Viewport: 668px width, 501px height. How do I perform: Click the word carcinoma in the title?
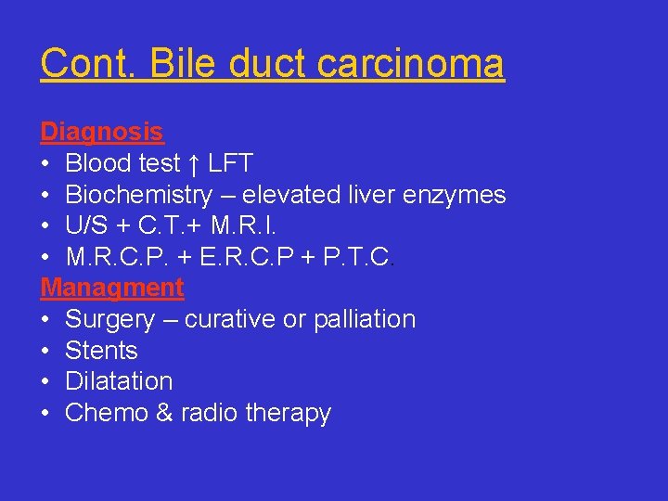click(411, 63)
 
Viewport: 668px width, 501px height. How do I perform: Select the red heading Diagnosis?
click(101, 133)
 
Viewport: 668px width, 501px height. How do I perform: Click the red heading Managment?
click(112, 288)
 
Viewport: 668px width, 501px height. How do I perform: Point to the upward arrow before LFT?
click(193, 164)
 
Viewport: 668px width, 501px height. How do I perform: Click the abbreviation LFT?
click(229, 164)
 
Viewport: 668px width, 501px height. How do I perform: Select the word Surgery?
click(109, 320)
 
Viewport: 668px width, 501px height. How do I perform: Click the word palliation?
click(364, 319)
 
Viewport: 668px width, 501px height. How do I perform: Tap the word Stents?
click(101, 351)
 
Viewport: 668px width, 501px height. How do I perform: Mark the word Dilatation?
click(119, 381)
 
